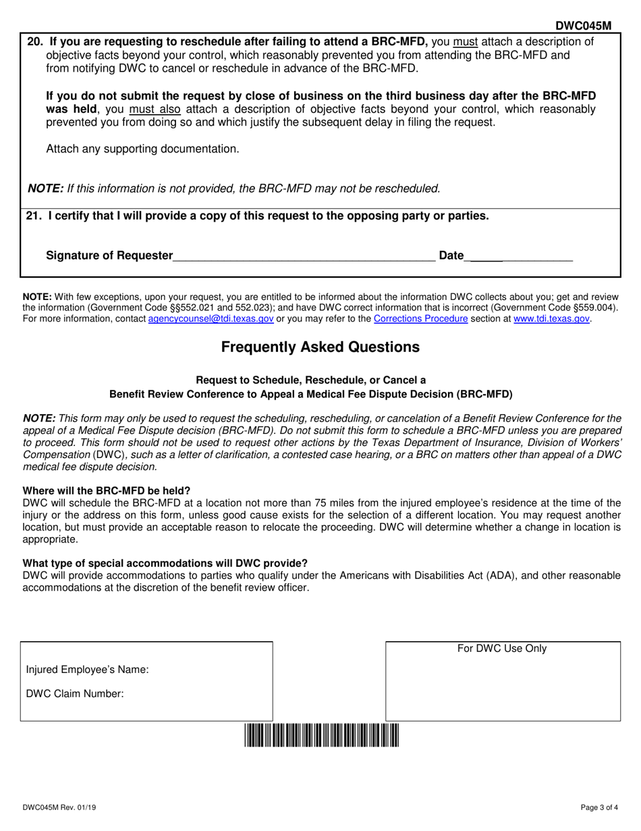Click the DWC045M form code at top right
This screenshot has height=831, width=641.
(583, 26)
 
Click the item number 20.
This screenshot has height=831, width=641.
(34, 41)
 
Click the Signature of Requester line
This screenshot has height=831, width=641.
(304, 255)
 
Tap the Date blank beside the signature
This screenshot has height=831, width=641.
(520, 255)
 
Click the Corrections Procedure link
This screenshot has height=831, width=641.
(420, 318)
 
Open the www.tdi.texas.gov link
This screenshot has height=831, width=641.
(551, 318)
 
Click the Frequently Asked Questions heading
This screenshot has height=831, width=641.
(320, 347)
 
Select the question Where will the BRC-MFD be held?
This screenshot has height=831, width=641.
(107, 490)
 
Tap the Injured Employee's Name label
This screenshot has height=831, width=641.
(88, 670)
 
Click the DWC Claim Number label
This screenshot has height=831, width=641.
(75, 693)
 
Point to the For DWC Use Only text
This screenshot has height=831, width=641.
(502, 649)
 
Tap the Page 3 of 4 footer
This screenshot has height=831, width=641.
(598, 807)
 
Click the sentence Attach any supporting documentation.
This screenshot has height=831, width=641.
(142, 149)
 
